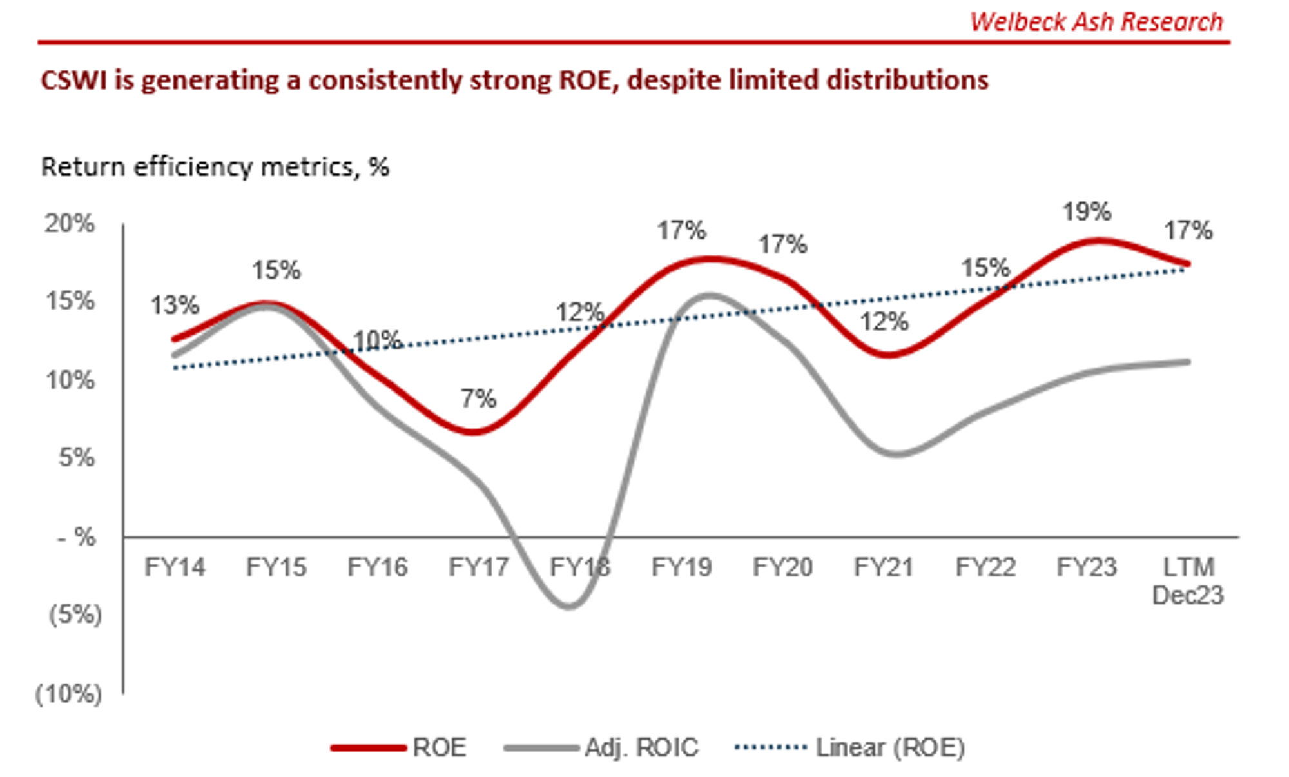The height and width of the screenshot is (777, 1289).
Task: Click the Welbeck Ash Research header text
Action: tap(1096, 22)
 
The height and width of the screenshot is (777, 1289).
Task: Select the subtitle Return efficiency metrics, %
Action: tap(215, 167)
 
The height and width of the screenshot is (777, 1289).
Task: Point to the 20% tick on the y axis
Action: tap(70, 224)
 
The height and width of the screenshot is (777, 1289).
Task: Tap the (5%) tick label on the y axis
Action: tap(75, 615)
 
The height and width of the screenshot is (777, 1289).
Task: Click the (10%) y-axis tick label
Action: tap(69, 694)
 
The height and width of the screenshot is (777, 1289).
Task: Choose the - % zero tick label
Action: tap(77, 536)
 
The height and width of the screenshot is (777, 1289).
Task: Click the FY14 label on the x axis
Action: tap(175, 567)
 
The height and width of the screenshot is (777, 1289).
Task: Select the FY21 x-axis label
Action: tap(884, 567)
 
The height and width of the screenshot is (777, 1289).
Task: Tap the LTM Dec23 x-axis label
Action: tap(1188, 581)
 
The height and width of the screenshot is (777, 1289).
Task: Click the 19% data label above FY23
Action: tap(1087, 211)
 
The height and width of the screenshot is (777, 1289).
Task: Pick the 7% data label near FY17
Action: tap(478, 398)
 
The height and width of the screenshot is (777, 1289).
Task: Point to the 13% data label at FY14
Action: tap(175, 305)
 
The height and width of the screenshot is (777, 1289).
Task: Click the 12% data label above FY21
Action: tap(884, 321)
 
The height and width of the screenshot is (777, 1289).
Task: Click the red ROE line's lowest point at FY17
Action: tap(474, 431)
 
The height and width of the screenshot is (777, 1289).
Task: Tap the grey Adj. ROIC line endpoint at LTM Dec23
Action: tap(1187, 362)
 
